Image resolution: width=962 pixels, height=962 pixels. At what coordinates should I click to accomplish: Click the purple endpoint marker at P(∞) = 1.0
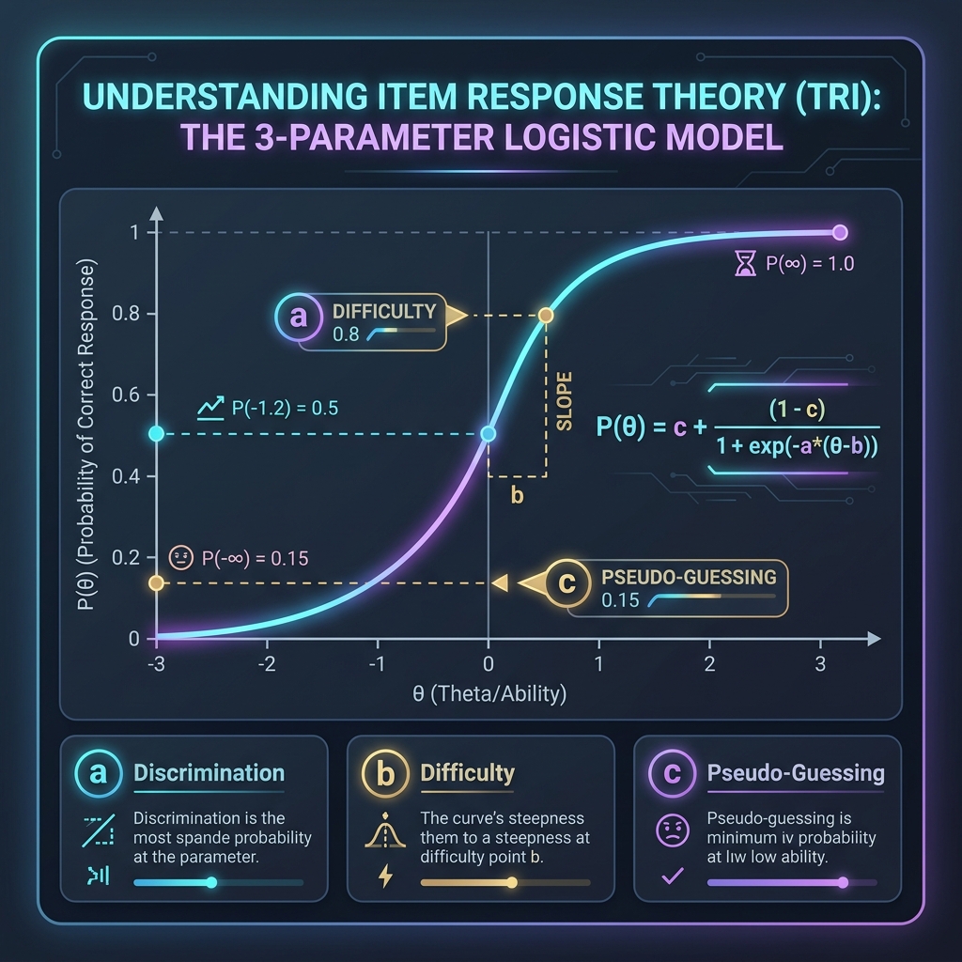pos(840,233)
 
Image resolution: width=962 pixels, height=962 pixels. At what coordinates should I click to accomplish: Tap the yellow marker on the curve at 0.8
pos(546,316)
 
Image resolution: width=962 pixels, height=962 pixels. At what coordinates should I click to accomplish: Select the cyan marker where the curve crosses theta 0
pos(488,434)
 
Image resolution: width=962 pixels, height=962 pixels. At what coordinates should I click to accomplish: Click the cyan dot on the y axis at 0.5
pos(157,434)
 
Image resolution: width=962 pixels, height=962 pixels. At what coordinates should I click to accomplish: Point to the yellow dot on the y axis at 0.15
pos(157,582)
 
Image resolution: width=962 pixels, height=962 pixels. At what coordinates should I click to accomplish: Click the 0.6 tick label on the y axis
pos(126,395)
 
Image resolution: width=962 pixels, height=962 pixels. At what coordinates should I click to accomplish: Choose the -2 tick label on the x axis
pos(267,664)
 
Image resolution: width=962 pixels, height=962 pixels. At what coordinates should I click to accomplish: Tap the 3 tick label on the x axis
pos(820,664)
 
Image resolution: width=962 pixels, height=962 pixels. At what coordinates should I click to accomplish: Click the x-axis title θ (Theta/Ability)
pos(489,694)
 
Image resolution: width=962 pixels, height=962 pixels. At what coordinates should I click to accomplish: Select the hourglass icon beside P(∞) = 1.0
pos(745,264)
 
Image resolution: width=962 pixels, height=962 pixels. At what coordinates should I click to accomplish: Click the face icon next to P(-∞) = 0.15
pos(181,558)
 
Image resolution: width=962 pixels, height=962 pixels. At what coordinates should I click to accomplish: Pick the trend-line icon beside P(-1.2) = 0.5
pos(210,408)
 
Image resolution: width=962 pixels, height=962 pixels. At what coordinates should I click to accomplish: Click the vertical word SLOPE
pos(564,400)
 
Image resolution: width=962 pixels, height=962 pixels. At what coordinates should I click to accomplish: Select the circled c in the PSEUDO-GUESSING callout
pos(566,582)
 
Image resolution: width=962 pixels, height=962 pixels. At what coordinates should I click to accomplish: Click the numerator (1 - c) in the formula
pos(797,409)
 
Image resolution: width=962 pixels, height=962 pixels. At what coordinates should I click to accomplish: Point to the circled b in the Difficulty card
pos(385,773)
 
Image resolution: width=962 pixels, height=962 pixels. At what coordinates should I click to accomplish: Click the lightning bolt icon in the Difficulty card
pos(385,877)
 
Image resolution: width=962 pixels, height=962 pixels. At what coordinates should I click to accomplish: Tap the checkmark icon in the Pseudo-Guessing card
pos(673,877)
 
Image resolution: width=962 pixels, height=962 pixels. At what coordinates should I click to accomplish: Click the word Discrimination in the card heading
pos(209,773)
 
